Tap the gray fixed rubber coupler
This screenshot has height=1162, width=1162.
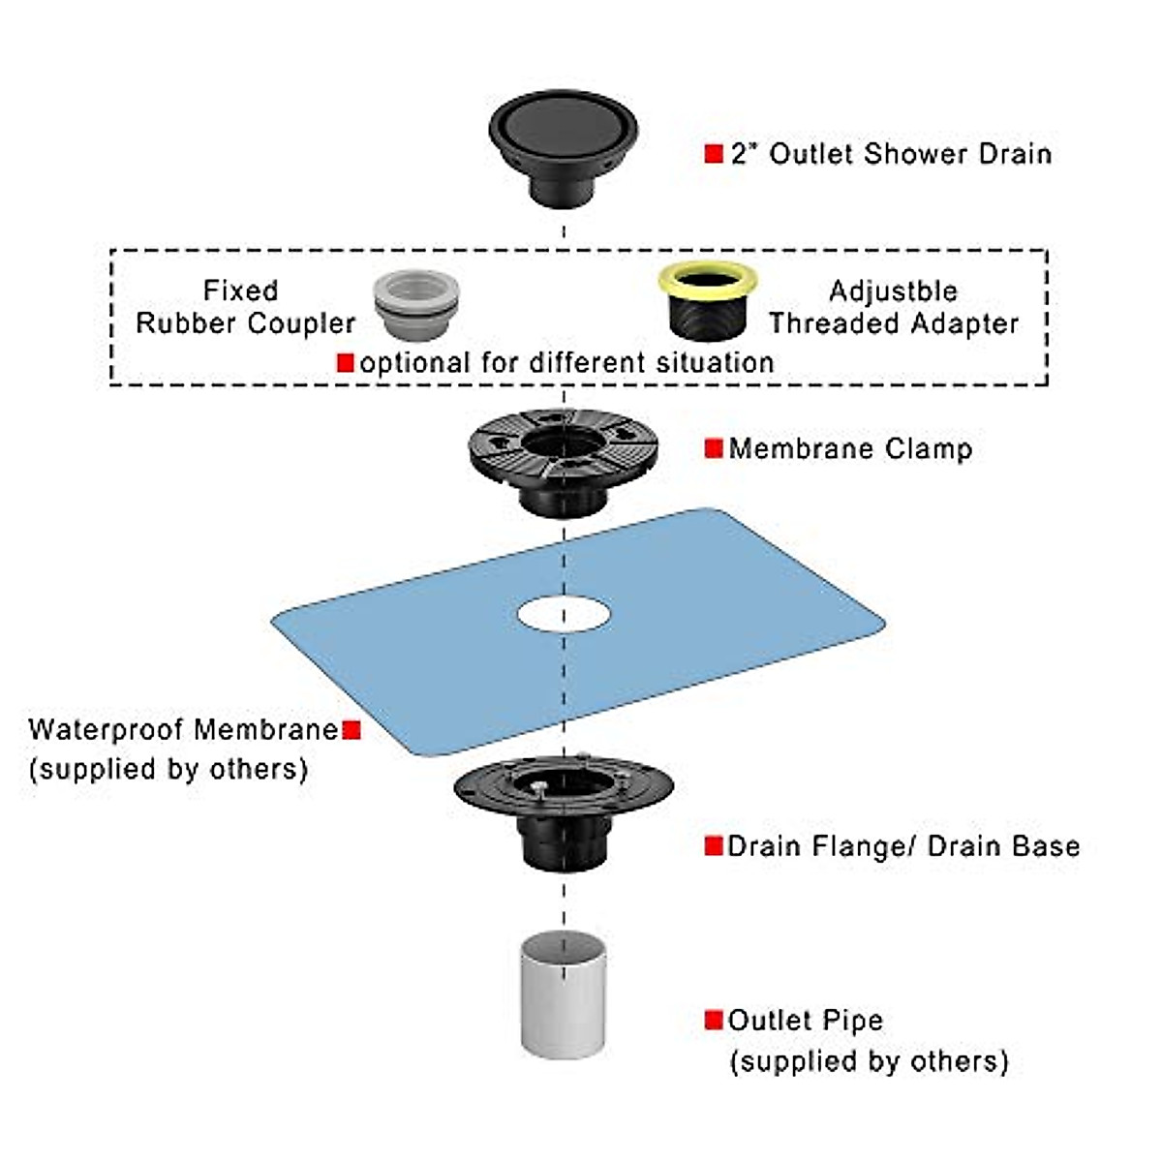[415, 304]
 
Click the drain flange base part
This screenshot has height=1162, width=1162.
[563, 808]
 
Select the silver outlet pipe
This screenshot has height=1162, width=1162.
[564, 994]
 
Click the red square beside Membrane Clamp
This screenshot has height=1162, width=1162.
[714, 448]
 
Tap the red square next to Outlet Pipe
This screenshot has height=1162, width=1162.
[714, 1020]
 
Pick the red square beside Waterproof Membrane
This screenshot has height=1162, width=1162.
[352, 729]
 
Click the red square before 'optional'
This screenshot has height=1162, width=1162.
[346, 362]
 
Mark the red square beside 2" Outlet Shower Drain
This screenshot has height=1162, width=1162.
[714, 153]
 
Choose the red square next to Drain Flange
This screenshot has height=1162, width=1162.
[714, 846]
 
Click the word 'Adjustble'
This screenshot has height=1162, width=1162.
[893, 290]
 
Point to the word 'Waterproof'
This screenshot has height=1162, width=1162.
[105, 729]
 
